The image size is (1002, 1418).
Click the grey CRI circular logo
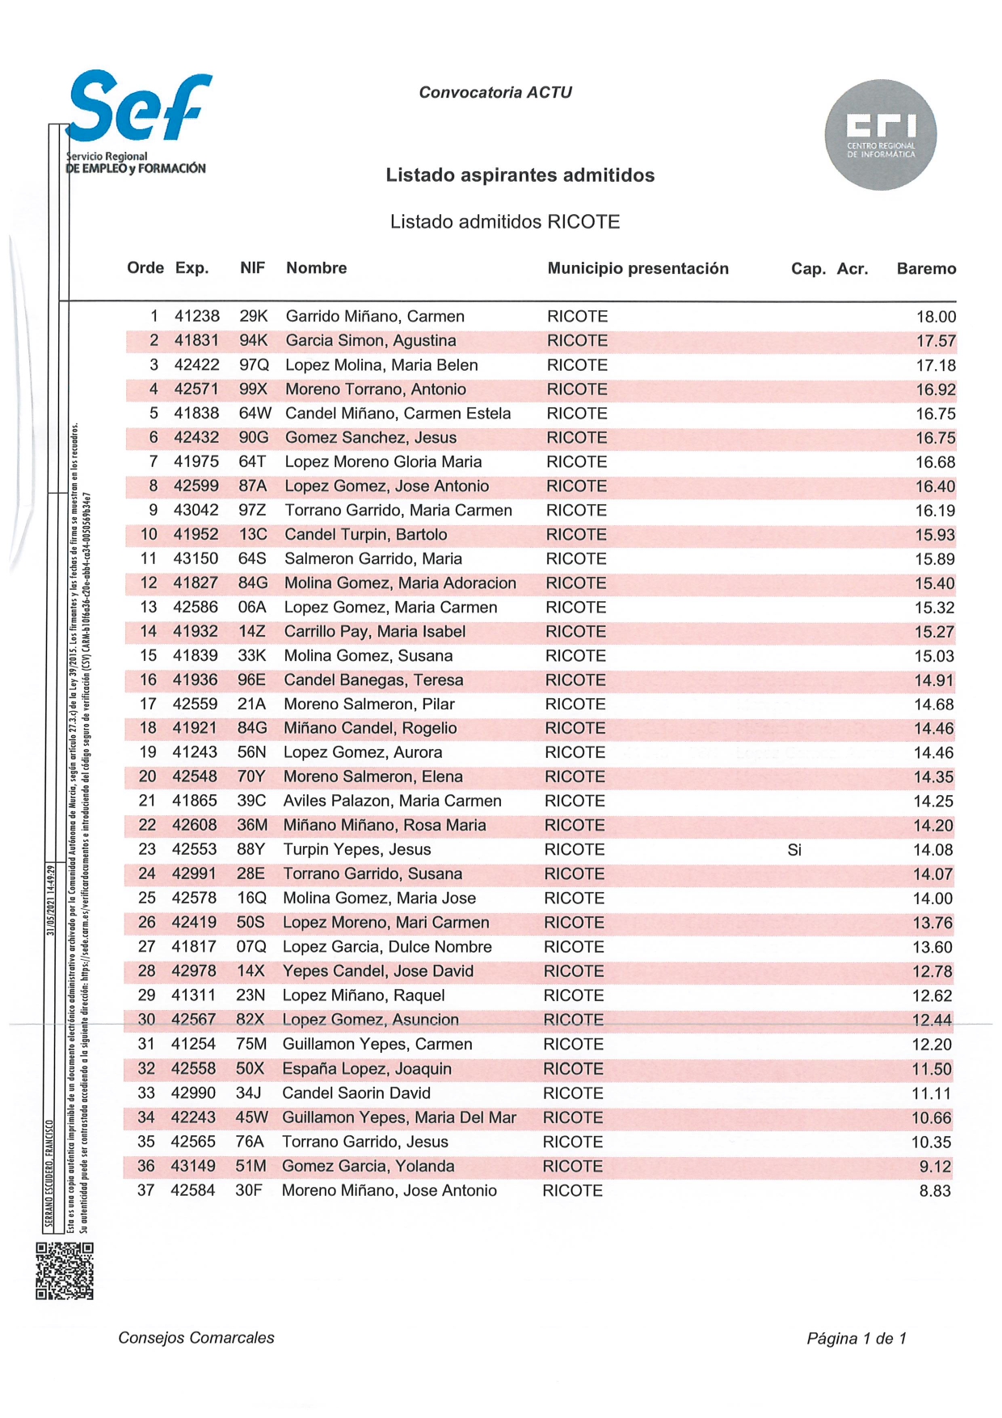click(880, 135)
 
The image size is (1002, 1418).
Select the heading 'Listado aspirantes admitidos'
click(520, 175)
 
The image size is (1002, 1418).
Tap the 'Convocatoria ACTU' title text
click(495, 93)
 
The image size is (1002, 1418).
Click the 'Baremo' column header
click(926, 269)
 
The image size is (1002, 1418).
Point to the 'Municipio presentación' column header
click(638, 269)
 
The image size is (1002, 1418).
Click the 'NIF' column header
click(252, 268)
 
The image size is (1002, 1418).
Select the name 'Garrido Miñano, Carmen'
click(375, 317)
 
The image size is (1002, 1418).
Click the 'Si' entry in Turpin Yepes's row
click(794, 850)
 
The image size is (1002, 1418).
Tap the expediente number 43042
click(196, 511)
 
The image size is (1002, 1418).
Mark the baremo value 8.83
click(935, 1191)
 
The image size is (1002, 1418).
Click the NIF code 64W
click(255, 414)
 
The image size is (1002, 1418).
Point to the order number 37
click(145, 1191)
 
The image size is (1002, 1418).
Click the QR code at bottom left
click(65, 1271)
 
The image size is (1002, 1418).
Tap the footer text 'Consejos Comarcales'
click(196, 1338)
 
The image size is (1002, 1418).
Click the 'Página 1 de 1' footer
click(856, 1339)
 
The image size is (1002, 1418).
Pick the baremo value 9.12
click(935, 1167)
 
